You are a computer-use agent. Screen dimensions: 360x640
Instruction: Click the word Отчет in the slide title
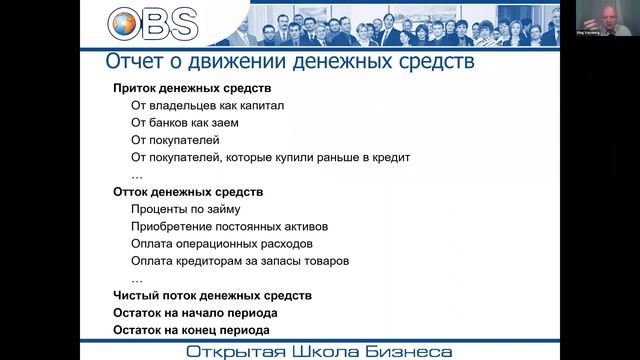[x=135, y=63]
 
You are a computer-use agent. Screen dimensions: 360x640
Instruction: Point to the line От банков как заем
[x=184, y=123]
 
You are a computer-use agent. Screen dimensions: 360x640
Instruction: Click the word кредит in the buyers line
[x=392, y=158]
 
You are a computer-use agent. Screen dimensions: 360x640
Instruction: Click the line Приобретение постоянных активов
[x=229, y=226]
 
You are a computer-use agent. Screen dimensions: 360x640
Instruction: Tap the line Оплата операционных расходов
[x=222, y=243]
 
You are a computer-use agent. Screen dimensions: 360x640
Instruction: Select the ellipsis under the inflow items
[x=136, y=175]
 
